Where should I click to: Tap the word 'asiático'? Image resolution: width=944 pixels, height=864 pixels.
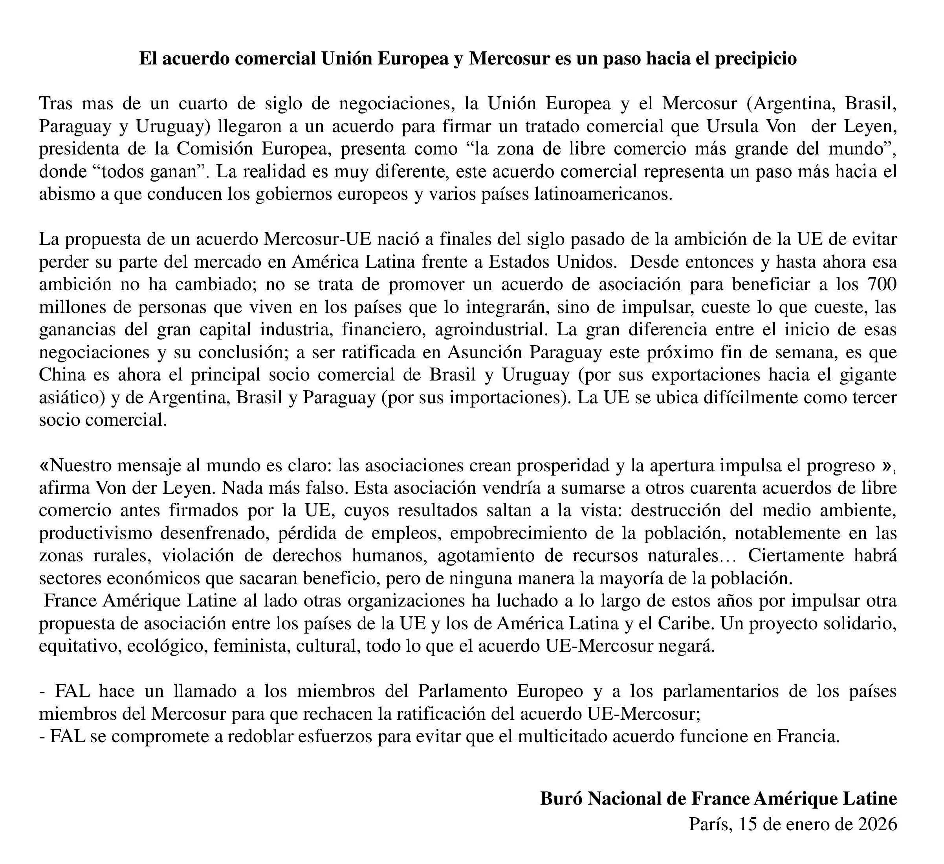tap(71, 397)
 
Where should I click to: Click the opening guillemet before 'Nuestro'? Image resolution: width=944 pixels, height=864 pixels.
tap(44, 466)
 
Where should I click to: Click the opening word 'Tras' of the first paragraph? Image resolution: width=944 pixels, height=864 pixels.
tap(56, 103)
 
